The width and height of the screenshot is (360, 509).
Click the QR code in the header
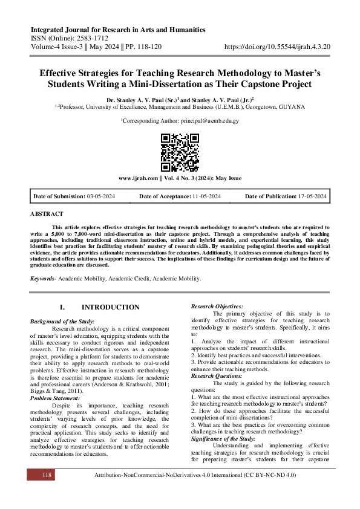point(180,151)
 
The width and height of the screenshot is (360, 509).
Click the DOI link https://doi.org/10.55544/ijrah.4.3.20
point(275,45)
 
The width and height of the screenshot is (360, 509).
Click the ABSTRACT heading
point(45,214)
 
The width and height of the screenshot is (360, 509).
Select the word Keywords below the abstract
point(45,278)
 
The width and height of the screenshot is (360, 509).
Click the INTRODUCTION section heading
point(110,307)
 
